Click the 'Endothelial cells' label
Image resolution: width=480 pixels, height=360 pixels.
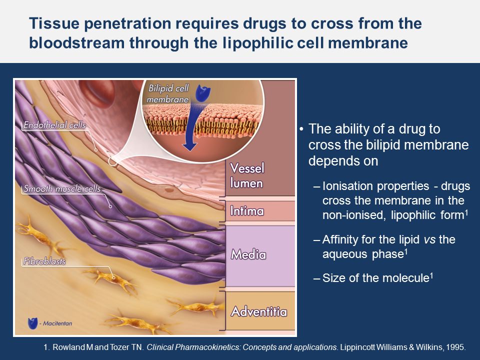[x=55, y=125]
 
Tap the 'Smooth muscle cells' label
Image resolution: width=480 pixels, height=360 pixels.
[x=62, y=188]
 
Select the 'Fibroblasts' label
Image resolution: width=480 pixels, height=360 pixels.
[x=44, y=261]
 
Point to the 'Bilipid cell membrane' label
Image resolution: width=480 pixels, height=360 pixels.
[x=168, y=93]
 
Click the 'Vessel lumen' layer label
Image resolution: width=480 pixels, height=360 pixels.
[x=246, y=175]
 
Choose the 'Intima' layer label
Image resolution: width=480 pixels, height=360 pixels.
[x=246, y=211]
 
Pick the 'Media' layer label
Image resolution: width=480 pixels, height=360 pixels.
[x=248, y=254]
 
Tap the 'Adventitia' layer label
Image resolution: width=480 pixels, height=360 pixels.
[x=259, y=311]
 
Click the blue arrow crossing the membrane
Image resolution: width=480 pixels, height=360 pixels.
[x=192, y=128]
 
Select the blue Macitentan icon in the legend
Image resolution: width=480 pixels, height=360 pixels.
[x=32, y=323]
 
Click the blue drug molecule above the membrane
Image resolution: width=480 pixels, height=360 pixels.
[x=203, y=93]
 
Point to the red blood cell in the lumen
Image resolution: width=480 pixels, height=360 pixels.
[x=97, y=92]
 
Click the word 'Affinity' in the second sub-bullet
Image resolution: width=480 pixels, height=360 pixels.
[x=340, y=239]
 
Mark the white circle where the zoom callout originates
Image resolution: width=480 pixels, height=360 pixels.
[x=112, y=161]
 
